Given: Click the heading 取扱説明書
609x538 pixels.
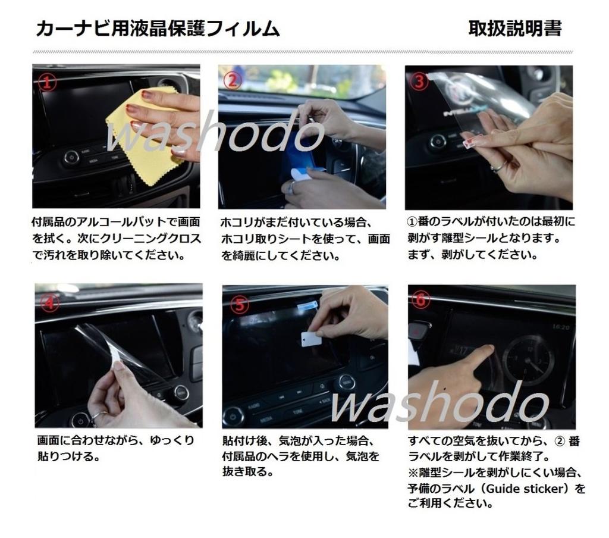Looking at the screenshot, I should (x=514, y=28).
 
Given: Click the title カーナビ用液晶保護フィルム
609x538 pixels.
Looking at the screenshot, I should (x=158, y=29).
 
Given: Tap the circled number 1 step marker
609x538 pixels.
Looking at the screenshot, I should (x=48, y=82).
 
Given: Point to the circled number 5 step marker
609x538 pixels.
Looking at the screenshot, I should (x=238, y=305).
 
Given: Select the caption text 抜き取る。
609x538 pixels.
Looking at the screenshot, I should (x=248, y=472).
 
